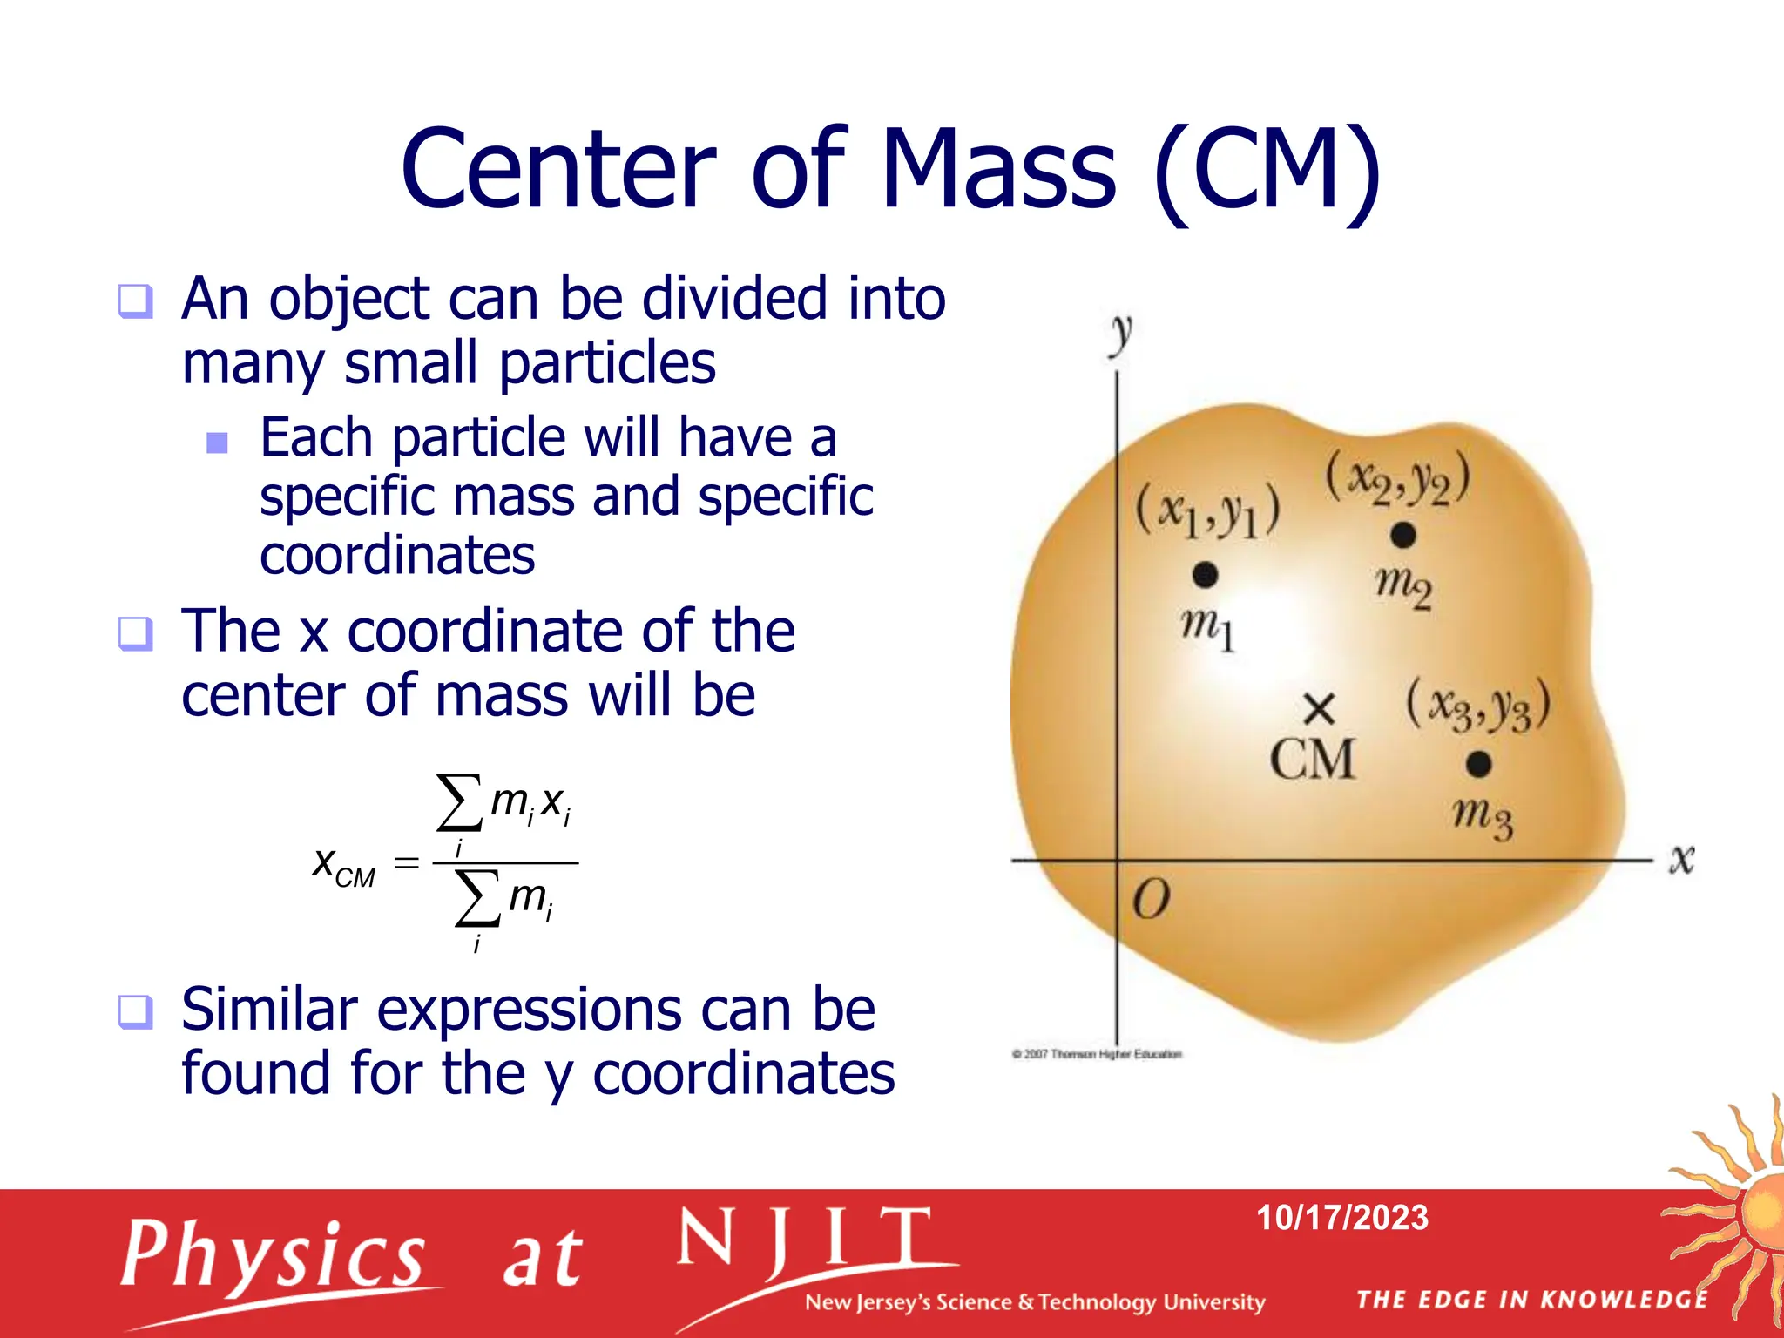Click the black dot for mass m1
pyautogui.click(x=1205, y=575)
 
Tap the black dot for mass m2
pyautogui.click(x=1402, y=535)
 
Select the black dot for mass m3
pyautogui.click(x=1478, y=764)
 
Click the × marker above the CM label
pyautogui.click(x=1320, y=709)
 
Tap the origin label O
pyautogui.click(x=1151, y=900)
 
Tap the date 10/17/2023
pyautogui.click(x=1341, y=1217)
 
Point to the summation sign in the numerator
pyautogui.click(x=458, y=802)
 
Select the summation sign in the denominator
pyautogui.click(x=476, y=898)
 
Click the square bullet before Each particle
pyautogui.click(x=217, y=443)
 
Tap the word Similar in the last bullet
pyautogui.click(x=269, y=1010)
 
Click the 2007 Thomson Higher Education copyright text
pyautogui.click(x=1097, y=1054)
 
